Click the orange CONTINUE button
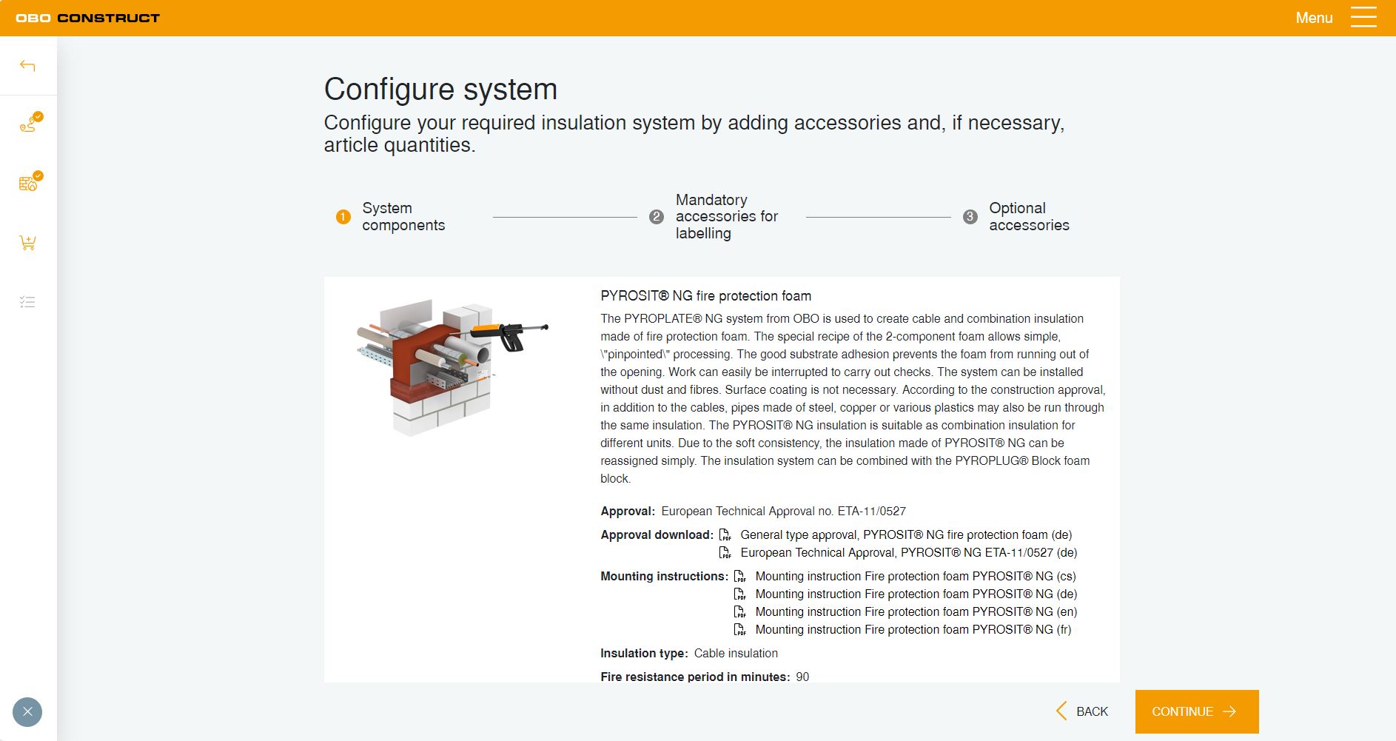tap(1197, 711)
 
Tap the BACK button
tap(1082, 711)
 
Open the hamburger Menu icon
tap(1363, 18)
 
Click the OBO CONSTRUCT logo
tap(87, 18)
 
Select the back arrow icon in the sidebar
tap(27, 66)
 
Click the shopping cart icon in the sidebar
tap(27, 243)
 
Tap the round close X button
tap(27, 712)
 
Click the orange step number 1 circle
tap(343, 217)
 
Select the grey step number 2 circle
tap(657, 217)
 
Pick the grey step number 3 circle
tap(970, 217)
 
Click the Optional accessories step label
tap(1029, 216)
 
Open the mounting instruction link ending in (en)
tap(916, 611)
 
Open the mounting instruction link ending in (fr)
tap(913, 629)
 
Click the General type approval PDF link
tap(906, 534)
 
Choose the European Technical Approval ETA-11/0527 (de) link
tap(908, 552)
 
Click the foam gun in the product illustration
tap(511, 334)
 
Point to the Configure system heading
tap(440, 89)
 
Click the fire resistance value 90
tap(802, 677)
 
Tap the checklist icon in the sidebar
tap(27, 302)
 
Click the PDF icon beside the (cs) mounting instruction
tap(739, 576)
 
